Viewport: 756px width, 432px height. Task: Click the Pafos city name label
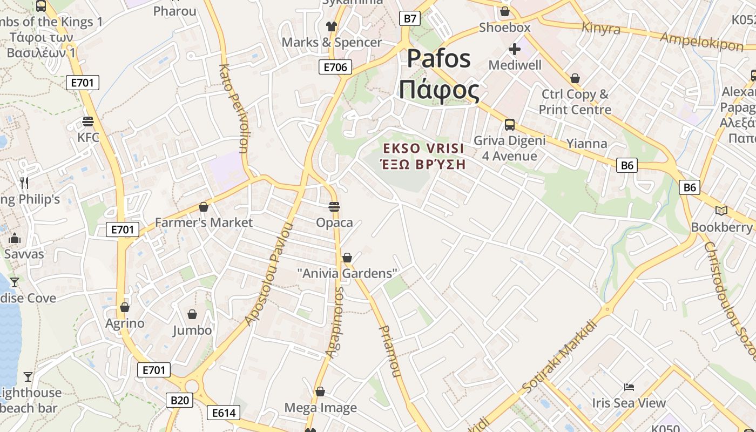[x=438, y=74]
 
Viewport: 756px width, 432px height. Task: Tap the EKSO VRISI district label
[x=423, y=156]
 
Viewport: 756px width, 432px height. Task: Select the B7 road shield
[x=410, y=19]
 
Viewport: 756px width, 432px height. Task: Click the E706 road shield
[x=335, y=67]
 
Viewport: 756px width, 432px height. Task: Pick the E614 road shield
[x=224, y=413]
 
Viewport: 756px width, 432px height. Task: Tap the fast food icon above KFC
[x=88, y=121]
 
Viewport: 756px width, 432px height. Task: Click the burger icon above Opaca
[x=334, y=207]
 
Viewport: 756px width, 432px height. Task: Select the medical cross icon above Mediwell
[x=514, y=50]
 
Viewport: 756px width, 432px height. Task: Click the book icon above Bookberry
[x=721, y=211]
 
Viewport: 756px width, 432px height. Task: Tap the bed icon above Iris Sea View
[x=629, y=387]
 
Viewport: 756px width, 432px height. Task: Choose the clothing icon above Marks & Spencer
[x=331, y=26]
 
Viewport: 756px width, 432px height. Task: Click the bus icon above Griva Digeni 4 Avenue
[x=509, y=125]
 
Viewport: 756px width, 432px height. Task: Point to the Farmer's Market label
[x=204, y=222]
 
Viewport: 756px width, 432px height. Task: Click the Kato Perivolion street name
[x=233, y=108]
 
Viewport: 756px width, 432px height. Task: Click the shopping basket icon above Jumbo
[x=192, y=314]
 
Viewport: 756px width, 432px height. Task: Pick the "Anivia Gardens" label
[x=347, y=273]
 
